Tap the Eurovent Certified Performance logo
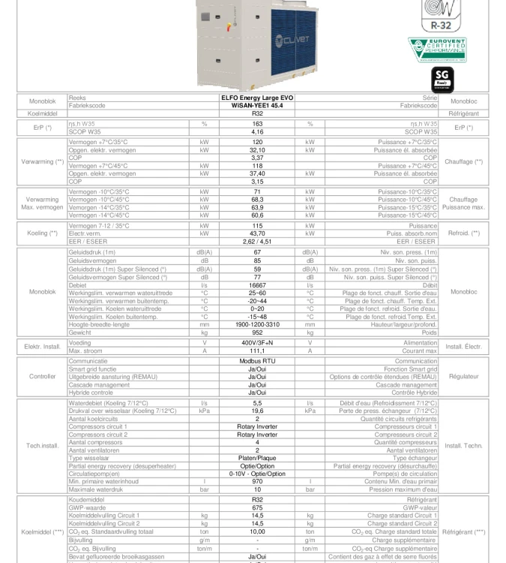[x=437, y=50]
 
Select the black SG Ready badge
[x=442, y=80]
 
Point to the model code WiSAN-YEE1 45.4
[x=257, y=106]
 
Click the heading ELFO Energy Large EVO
[x=257, y=98]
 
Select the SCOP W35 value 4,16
[x=257, y=132]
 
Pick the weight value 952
[x=257, y=332]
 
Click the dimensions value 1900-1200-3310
[x=257, y=324]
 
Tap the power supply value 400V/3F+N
[x=257, y=343]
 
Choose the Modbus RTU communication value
[x=257, y=361]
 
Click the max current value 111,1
[x=257, y=351]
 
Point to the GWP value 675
[x=257, y=508]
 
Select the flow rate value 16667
[x=257, y=285]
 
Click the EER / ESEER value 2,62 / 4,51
[x=257, y=241]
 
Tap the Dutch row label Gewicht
[x=80, y=332]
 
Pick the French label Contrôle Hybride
[x=414, y=393]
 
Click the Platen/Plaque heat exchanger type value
[x=257, y=458]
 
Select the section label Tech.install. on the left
[x=42, y=446]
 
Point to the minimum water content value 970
[x=257, y=481]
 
